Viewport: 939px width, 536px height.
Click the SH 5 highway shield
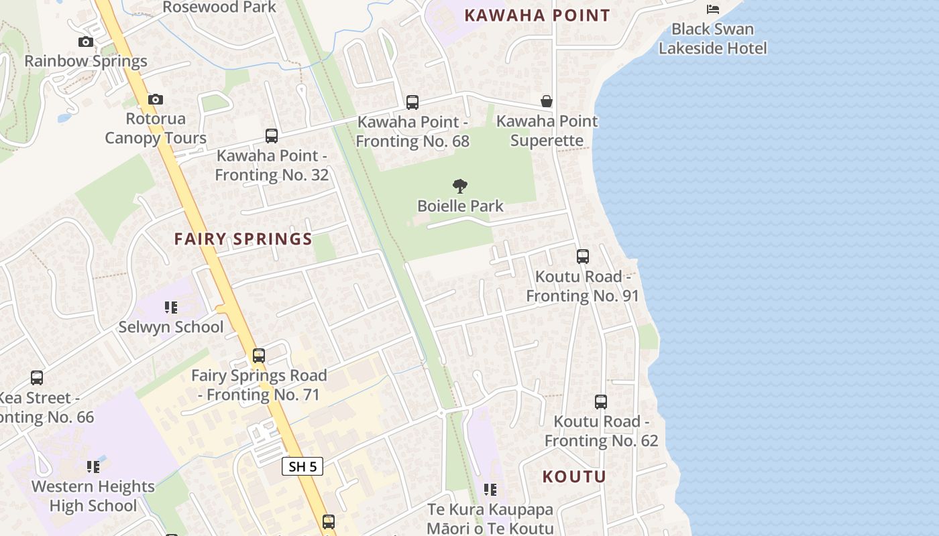click(x=302, y=466)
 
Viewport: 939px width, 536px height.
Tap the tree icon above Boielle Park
click(x=460, y=186)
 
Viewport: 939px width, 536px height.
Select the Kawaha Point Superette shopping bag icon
click(x=547, y=101)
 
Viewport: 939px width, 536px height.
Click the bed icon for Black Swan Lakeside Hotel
click(x=713, y=9)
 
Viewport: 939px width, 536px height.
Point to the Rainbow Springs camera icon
click(x=86, y=42)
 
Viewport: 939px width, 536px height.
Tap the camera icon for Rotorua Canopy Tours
click(x=156, y=100)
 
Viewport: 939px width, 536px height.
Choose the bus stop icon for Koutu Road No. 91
click(x=583, y=257)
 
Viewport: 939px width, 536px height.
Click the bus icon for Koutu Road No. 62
click(x=601, y=402)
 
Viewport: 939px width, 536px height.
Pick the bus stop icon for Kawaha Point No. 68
click(x=412, y=103)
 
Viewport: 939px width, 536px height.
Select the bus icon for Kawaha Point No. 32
click(x=272, y=136)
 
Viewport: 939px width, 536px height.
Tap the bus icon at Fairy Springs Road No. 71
click(x=259, y=356)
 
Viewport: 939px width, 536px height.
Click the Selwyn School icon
click(x=171, y=308)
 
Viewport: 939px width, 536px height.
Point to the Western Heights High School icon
click(x=93, y=466)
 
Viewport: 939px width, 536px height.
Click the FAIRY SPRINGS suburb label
click(x=243, y=239)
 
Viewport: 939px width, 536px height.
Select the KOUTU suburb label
click(x=574, y=476)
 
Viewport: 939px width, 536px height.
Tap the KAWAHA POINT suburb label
click(x=537, y=15)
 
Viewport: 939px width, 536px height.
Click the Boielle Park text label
click(x=460, y=206)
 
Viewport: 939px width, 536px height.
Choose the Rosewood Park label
click(x=219, y=7)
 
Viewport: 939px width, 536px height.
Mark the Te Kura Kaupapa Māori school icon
click(x=490, y=490)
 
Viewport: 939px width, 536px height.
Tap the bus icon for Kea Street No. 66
click(x=37, y=378)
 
